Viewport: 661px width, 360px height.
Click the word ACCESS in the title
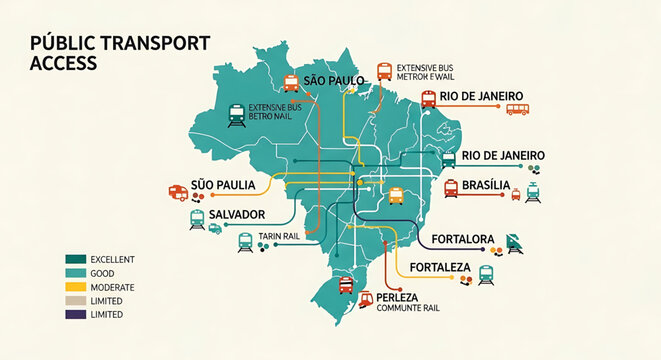pos(63,63)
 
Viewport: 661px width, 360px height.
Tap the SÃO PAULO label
pos(333,79)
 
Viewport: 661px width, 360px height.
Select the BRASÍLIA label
pos(486,186)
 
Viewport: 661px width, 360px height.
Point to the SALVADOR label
pos(238,215)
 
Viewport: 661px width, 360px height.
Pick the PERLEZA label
pos(404,298)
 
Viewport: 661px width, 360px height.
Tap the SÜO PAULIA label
pos(223,186)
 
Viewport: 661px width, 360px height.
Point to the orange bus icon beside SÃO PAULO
pos(292,83)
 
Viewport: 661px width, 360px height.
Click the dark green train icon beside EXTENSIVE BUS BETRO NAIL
pos(236,115)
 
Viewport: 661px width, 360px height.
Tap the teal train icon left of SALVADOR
pos(197,218)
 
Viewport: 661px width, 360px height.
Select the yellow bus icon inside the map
pos(395,194)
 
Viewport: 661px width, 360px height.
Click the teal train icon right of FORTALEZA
pos(487,273)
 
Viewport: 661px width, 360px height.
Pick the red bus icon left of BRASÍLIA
pos(451,187)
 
